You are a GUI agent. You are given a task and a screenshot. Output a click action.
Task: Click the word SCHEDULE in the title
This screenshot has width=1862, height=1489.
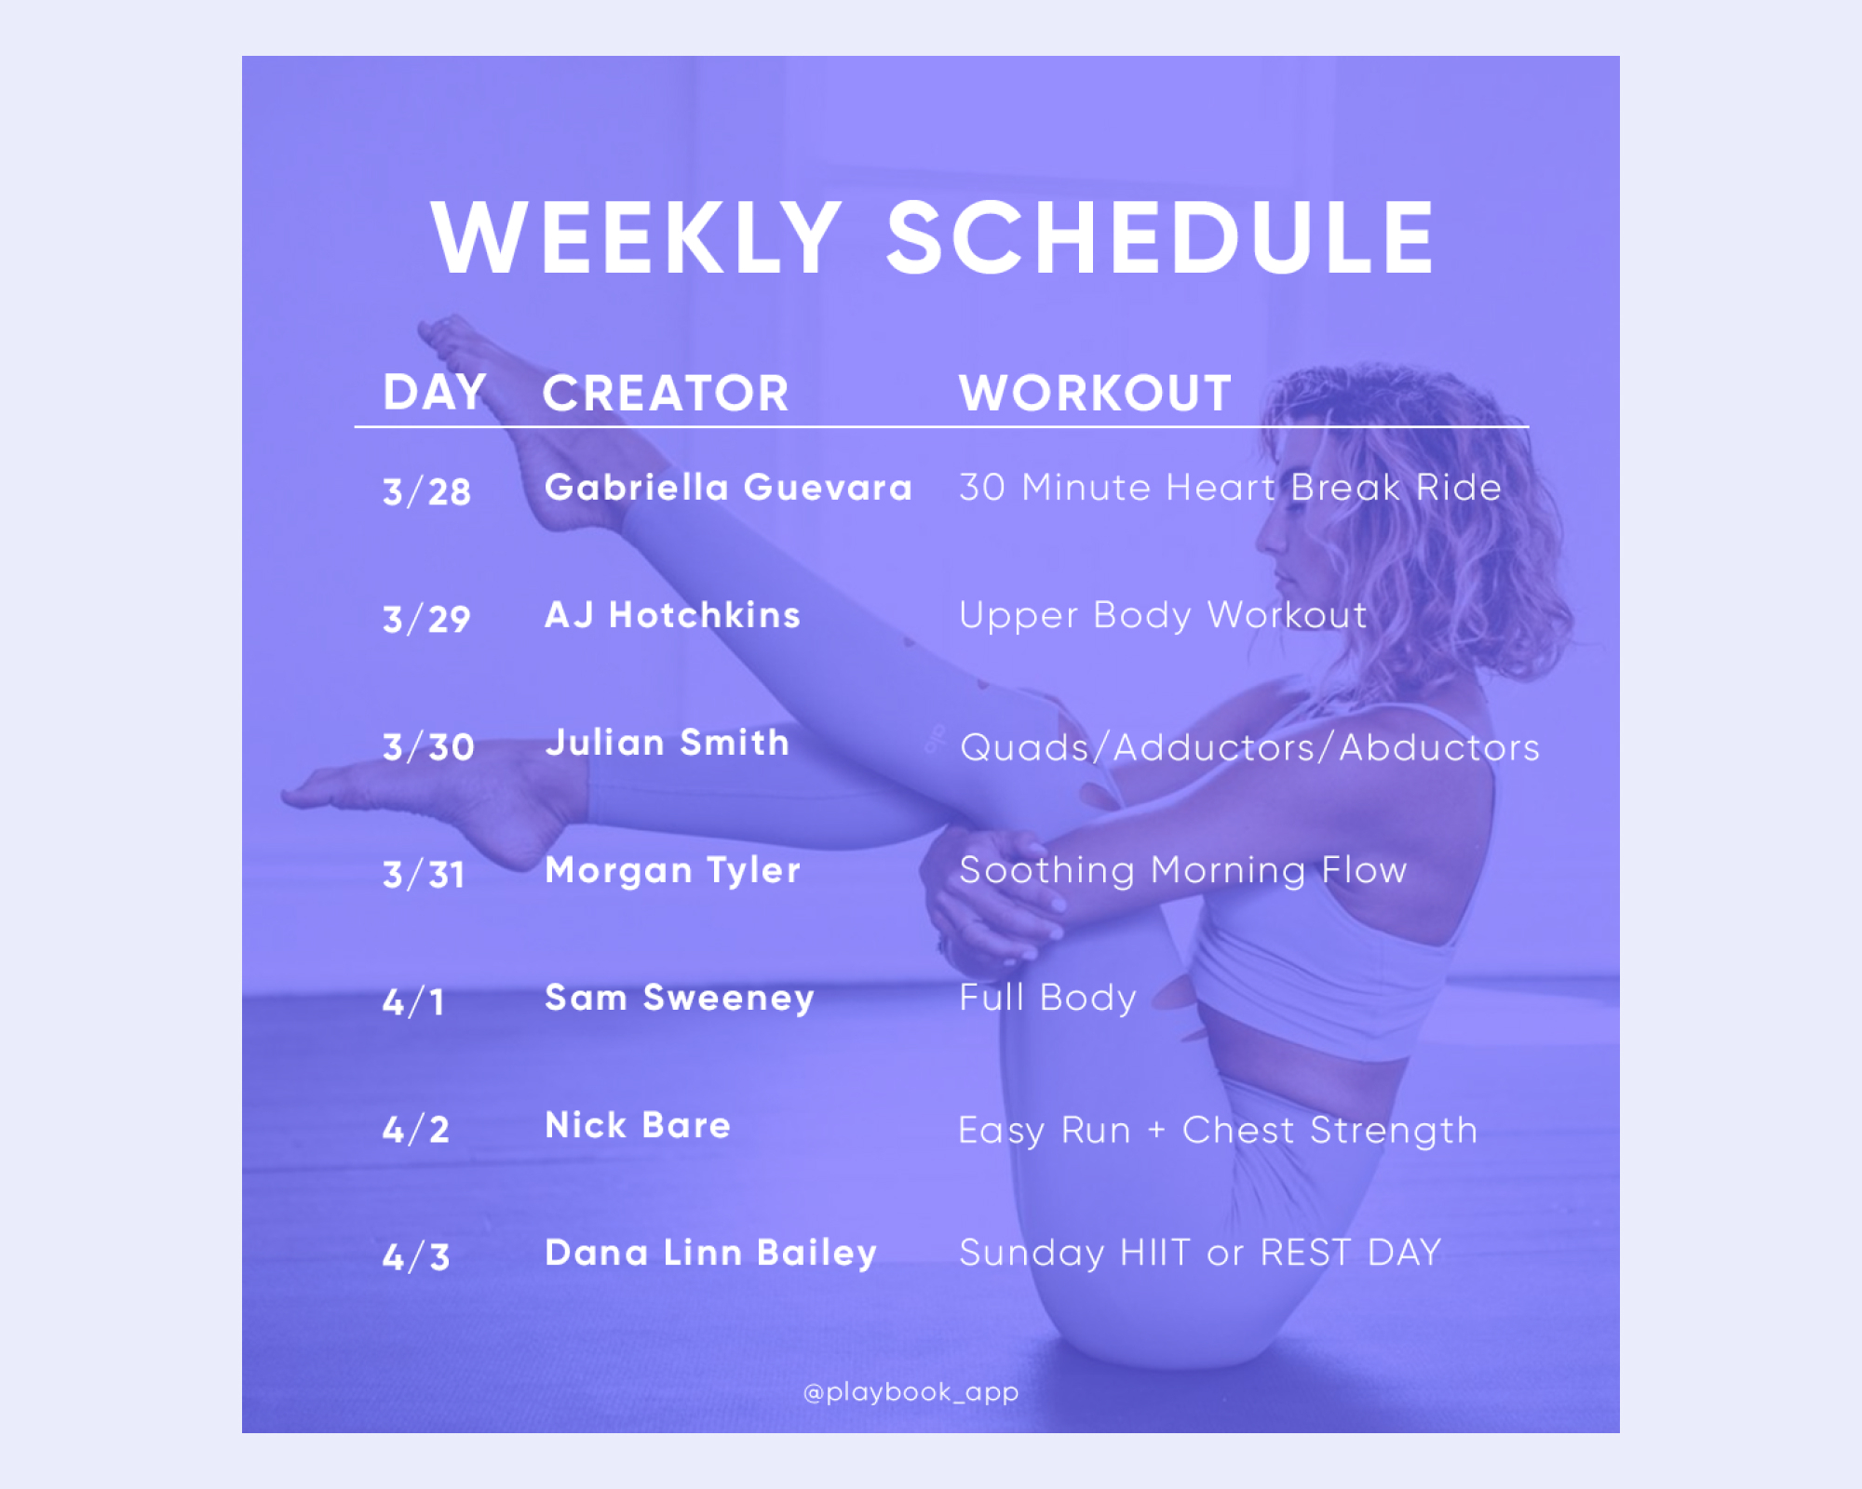1159,239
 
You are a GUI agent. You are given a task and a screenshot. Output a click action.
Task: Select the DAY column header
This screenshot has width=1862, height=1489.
434,392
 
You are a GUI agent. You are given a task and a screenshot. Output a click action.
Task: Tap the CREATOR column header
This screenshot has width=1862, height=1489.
666,393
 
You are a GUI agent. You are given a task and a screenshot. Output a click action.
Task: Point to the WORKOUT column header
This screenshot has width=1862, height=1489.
1095,393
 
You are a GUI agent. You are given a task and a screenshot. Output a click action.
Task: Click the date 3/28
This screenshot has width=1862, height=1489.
426,491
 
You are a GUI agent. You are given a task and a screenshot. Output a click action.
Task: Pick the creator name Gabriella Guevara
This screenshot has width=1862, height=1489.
728,488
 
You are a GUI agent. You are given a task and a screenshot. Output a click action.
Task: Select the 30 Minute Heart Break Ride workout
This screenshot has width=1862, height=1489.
1230,488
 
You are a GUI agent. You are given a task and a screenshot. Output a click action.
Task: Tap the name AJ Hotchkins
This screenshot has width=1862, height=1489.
672,615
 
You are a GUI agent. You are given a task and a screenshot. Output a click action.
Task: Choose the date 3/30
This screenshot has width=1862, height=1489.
428,746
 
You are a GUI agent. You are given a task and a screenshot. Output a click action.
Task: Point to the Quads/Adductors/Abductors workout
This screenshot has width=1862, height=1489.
1249,747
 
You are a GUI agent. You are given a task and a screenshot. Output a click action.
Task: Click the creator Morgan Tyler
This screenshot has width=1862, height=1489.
672,871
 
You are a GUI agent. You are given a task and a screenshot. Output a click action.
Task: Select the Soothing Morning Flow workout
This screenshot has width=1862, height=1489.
1182,871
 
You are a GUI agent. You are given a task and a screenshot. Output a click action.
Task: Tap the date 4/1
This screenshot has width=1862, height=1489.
413,1002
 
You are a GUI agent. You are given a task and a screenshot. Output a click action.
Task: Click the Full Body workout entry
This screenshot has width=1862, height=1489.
1047,999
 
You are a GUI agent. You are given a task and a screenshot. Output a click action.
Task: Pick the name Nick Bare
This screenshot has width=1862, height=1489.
638,1126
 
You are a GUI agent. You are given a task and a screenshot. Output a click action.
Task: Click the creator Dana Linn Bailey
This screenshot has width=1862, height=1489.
710,1254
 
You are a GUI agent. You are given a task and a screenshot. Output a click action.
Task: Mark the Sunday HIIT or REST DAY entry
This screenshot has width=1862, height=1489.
1200,1254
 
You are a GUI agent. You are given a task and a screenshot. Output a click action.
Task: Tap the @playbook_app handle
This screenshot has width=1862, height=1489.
911,1392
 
